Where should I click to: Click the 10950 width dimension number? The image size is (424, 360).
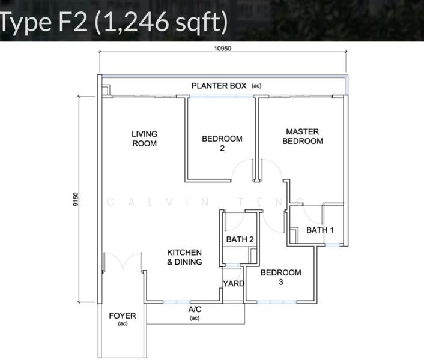223,49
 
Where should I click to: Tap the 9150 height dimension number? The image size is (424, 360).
76,199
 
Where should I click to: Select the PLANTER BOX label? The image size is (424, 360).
219,86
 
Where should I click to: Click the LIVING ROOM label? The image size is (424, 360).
144,139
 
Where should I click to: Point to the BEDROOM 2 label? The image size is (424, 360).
222,143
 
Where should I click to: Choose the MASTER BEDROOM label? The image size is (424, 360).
303,136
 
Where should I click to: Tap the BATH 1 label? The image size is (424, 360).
320,230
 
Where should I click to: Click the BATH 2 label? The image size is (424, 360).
240,239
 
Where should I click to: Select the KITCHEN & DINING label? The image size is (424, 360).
184,257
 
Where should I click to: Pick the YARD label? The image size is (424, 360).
234,284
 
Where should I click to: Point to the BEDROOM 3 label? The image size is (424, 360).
280,277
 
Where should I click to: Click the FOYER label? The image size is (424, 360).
123,316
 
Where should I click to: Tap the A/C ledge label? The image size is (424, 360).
195,309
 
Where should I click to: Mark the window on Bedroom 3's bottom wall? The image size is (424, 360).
277,302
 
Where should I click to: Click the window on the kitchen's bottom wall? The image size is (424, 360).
177,302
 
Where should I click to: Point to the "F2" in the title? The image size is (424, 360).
73,22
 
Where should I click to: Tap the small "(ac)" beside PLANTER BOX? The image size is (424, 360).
256,86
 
